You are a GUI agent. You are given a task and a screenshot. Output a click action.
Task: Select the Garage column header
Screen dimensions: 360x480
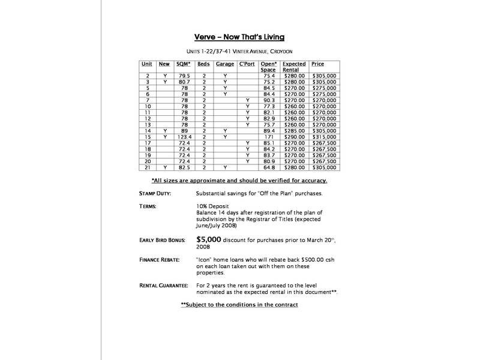224,64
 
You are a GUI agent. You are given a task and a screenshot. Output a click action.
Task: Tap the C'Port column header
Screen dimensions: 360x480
247,64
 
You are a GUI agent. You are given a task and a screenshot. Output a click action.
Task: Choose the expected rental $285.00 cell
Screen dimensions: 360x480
294,131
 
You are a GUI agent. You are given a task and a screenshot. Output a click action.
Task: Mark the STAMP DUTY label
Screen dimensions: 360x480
155,194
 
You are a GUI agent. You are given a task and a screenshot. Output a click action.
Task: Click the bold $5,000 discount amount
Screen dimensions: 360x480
210,239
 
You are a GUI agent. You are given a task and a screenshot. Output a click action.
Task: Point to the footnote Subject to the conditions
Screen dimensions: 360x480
239,305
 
